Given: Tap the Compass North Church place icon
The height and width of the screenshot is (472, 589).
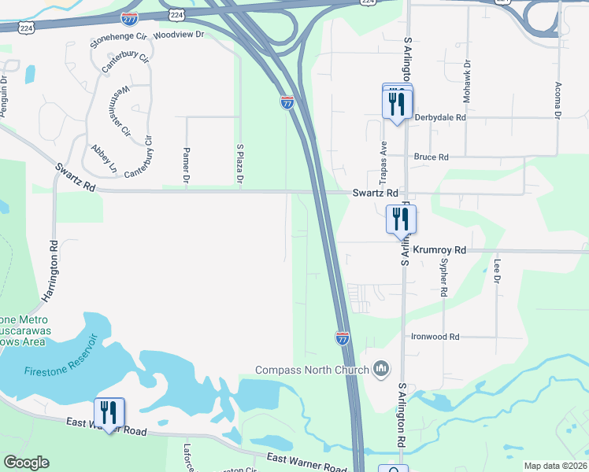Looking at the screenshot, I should point(382,369).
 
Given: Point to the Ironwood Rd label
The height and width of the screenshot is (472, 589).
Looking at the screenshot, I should point(435,337).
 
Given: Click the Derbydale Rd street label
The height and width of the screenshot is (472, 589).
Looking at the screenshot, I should point(440,117).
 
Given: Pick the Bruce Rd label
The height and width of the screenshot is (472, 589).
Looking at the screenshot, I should point(431,157).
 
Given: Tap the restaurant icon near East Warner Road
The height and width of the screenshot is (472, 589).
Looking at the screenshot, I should point(109,413).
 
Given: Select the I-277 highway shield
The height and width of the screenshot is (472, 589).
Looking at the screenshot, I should point(131,17).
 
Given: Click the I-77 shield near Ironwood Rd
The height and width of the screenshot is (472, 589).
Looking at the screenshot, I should point(343,337).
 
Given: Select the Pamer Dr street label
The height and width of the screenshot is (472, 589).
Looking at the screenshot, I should point(187,167).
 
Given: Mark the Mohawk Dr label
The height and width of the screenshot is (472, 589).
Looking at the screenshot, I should point(467,74).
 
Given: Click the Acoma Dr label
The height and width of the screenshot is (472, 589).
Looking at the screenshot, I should point(557,99).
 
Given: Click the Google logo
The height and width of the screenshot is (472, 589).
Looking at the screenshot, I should point(27,463).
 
